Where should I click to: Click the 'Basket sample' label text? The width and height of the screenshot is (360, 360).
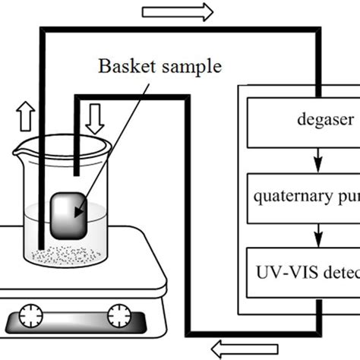(x=159, y=67)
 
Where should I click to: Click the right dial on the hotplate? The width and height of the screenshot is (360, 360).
(x=118, y=314)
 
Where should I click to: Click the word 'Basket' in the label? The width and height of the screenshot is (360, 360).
(x=125, y=67)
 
